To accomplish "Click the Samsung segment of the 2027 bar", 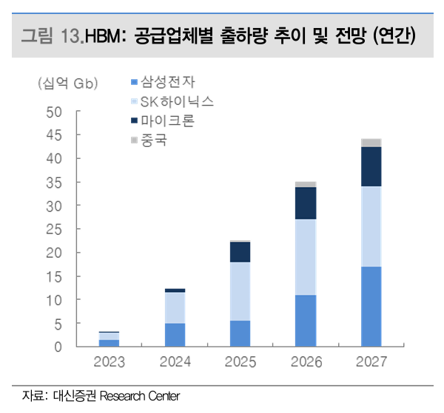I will coord(371,306).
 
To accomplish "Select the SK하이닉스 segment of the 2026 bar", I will coord(306,257).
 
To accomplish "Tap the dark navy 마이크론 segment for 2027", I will coord(371,166).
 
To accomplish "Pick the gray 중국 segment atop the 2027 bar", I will coord(371,143).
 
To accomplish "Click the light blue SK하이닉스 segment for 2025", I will coord(240,291).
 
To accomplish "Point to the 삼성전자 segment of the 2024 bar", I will coord(175,335).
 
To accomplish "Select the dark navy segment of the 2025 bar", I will coord(240,252).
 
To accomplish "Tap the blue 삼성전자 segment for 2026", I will coord(306,321).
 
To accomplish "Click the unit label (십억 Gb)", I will coord(67,83).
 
